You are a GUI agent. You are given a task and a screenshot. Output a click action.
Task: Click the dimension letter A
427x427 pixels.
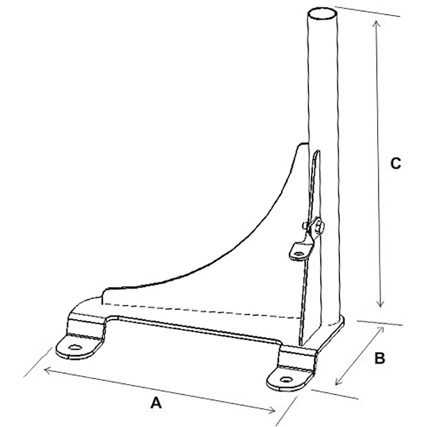[157, 402]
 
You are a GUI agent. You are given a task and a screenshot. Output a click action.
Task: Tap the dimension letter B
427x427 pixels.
[380, 358]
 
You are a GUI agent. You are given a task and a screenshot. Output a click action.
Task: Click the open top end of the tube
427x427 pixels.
[322, 13]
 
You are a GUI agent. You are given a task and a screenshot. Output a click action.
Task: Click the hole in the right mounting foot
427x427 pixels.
[285, 379]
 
